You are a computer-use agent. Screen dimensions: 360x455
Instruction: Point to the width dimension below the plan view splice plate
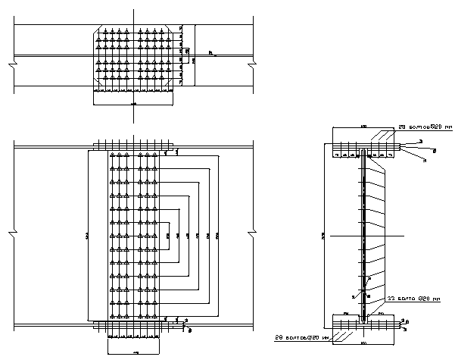pos(134,103)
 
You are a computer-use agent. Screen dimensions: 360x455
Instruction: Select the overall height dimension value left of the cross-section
pos(323,236)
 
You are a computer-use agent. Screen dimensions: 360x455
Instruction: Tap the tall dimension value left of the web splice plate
pos(87,236)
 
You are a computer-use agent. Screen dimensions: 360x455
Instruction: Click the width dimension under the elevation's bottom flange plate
pos(135,353)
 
